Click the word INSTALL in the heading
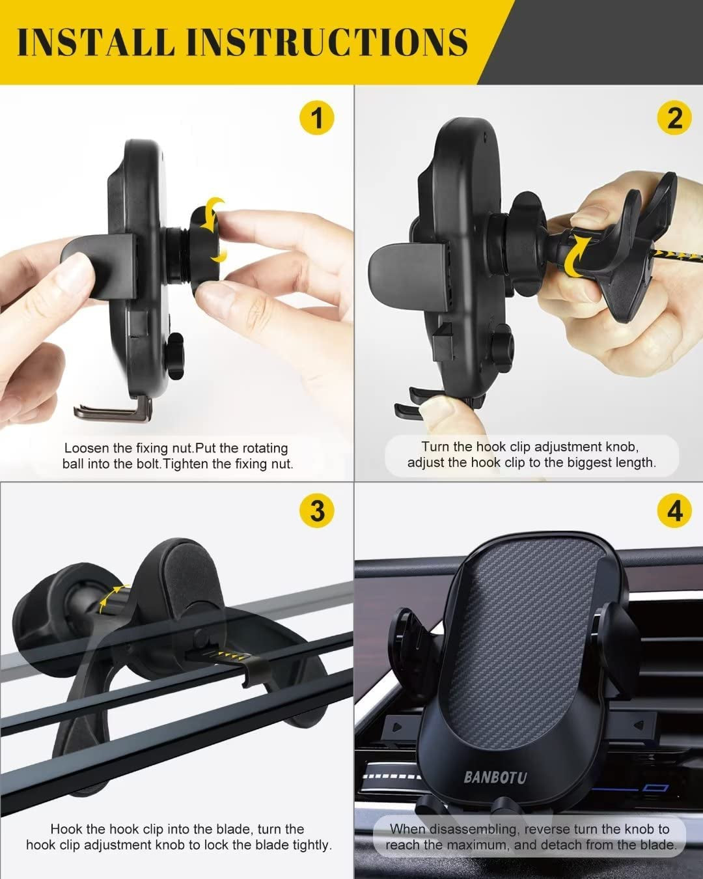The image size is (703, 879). [x=96, y=42]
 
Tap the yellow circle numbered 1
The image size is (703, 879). [x=316, y=119]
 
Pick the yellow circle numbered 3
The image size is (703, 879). [x=316, y=510]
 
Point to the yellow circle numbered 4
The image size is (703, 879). [x=674, y=510]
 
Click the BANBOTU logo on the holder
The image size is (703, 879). [x=495, y=777]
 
